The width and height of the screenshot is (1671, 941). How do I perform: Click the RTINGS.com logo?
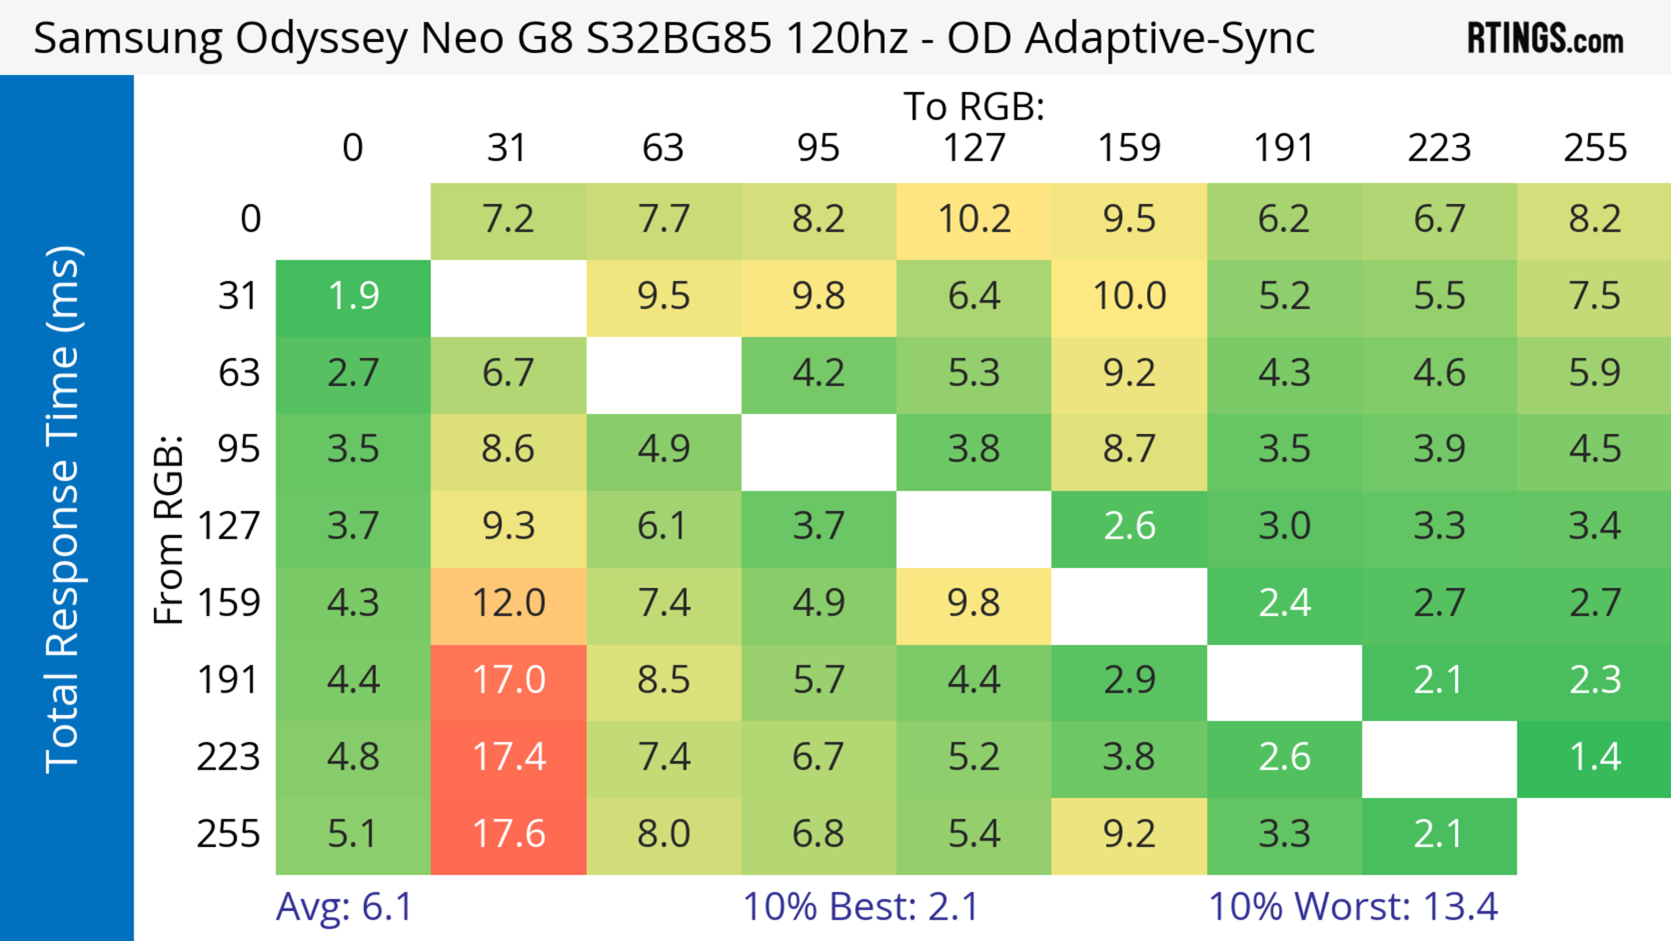pos(1545,38)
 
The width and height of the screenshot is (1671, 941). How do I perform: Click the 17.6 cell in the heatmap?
pos(509,835)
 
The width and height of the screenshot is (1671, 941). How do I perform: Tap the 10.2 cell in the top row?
pos(974,219)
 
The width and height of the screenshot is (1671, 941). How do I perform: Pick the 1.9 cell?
pos(353,297)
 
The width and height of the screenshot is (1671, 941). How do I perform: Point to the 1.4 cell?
pos(1594,757)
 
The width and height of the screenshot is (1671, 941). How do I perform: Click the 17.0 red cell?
pos(509,681)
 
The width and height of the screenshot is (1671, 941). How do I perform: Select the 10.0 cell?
pos(1129,297)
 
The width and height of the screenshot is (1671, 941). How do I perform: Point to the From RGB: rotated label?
pos(169,529)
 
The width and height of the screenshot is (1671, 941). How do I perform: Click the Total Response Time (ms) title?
pos(64,509)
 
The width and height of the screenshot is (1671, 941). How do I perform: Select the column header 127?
pos(974,148)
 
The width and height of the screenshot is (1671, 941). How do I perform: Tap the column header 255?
pos(1594,148)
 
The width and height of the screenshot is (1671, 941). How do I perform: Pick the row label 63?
pos(239,373)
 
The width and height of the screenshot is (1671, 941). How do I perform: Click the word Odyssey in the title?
pos(321,39)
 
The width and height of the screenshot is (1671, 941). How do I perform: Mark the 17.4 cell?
pos(509,757)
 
